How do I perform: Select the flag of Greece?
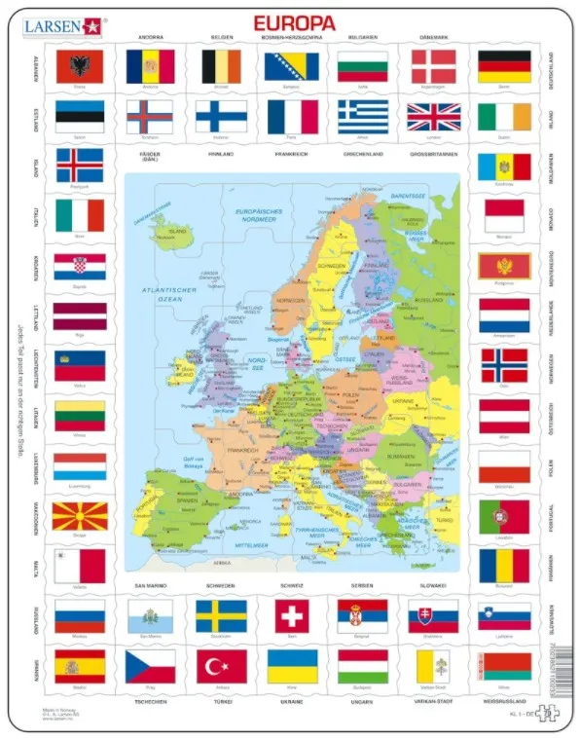362,116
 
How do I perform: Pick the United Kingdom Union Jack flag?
433,116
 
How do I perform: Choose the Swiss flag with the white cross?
292,615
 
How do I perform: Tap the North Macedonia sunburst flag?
79,516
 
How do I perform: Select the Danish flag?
433,66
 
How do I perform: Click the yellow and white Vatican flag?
433,666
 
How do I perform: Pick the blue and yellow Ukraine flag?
292,666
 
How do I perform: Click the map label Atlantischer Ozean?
167,295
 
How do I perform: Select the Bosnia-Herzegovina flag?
292,66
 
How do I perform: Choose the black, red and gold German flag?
504,66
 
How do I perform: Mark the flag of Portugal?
504,516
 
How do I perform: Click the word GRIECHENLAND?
362,154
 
